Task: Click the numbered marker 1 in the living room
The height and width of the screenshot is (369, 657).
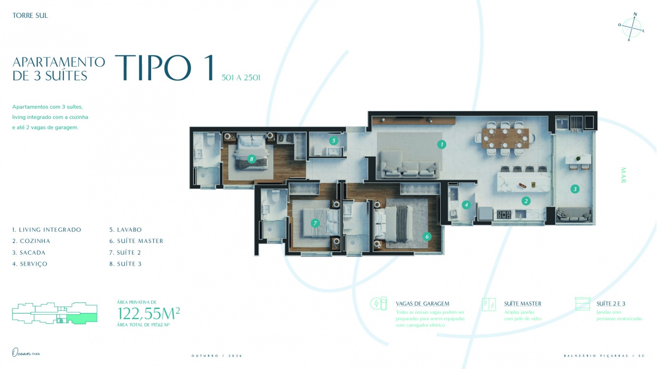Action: click(x=441, y=144)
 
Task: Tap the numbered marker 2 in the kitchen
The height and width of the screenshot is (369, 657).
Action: click(x=526, y=201)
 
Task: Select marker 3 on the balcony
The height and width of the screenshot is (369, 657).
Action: click(x=575, y=189)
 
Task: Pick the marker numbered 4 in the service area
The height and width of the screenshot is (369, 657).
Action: click(x=466, y=205)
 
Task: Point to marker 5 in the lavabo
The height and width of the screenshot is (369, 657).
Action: click(x=334, y=141)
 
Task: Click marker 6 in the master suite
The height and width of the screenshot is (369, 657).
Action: click(x=426, y=237)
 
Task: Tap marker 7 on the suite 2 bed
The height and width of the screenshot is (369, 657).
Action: click(x=315, y=223)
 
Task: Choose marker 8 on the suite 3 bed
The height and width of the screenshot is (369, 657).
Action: click(x=251, y=159)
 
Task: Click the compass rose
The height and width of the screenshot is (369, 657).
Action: click(x=631, y=27)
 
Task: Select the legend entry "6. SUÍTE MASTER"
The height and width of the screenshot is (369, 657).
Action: click(x=136, y=241)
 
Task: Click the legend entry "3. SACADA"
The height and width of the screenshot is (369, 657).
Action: click(x=29, y=253)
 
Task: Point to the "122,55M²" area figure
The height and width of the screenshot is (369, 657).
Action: click(x=149, y=313)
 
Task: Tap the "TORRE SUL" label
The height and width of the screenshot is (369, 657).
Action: click(x=30, y=15)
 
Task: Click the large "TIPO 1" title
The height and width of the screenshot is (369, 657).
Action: click(x=164, y=68)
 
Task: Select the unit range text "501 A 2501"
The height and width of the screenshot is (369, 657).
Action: click(x=241, y=77)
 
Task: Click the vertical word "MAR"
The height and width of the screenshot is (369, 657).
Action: click(x=623, y=175)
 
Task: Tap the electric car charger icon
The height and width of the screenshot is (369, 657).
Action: click(x=378, y=304)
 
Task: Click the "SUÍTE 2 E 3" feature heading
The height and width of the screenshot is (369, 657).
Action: click(x=611, y=304)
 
